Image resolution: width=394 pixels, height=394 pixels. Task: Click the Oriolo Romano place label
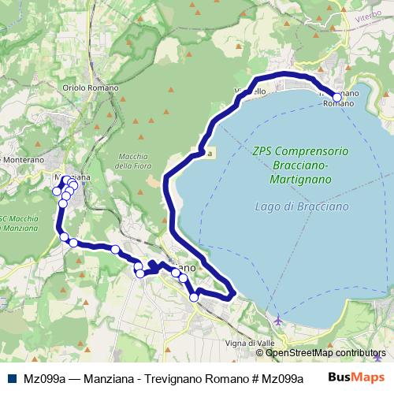(x=89, y=87)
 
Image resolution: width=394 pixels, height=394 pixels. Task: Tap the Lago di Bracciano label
(x=302, y=206)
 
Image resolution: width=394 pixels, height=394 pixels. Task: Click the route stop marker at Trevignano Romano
(x=337, y=98)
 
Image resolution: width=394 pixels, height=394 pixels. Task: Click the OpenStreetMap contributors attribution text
(x=325, y=353)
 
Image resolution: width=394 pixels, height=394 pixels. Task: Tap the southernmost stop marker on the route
(x=194, y=297)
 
